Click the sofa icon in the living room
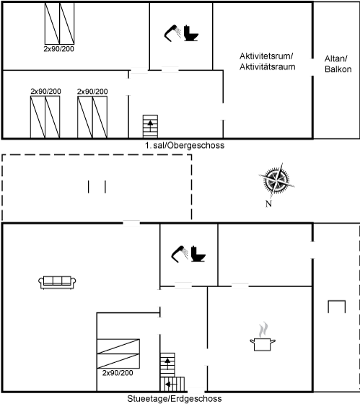tap(57, 282)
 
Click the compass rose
tap(276, 180)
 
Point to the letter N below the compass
tap(268, 203)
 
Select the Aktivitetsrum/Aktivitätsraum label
tap(267, 61)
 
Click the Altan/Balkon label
tap(338, 64)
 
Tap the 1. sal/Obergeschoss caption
tap(185, 145)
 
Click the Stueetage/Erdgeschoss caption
tap(175, 398)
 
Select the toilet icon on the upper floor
tap(190, 33)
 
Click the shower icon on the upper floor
tap(172, 33)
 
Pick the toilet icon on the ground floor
tap(198, 254)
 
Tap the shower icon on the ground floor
tap(180, 254)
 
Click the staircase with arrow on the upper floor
tap(150, 126)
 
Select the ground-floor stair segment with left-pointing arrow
tap(172, 385)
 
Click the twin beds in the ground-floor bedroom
tap(118, 353)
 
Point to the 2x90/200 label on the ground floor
tap(118, 373)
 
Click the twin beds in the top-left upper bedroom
tap(60, 23)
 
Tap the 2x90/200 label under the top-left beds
tap(58, 49)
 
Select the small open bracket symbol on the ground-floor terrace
tap(336, 307)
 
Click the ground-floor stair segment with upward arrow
tap(167, 365)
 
